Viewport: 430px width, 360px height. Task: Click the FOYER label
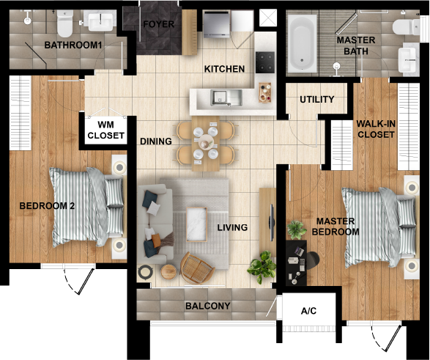coord(158,24)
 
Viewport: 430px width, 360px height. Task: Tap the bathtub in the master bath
coord(301,43)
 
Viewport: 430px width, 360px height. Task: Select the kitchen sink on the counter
coord(226,98)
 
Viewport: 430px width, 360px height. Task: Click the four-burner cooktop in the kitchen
coord(265,62)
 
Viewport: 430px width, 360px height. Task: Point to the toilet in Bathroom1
coord(65,23)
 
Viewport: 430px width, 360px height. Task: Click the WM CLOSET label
coord(106,130)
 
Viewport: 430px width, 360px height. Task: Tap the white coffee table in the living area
coord(196,224)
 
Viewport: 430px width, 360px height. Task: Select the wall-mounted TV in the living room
coord(272,222)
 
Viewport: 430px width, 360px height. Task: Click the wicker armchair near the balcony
coord(197,268)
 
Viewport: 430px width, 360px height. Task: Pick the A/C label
coord(309,311)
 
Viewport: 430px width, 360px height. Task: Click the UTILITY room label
coord(317,99)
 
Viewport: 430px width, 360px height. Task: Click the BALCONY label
coord(208,306)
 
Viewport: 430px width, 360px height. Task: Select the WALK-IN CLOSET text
coord(376,129)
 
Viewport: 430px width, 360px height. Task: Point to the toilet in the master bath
coord(406,27)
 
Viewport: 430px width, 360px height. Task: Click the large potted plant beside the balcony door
coord(262,266)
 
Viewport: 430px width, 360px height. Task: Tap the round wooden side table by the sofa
coord(168,272)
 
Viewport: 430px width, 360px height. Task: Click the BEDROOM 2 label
coord(47,206)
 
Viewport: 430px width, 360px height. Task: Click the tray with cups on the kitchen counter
coord(265,92)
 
